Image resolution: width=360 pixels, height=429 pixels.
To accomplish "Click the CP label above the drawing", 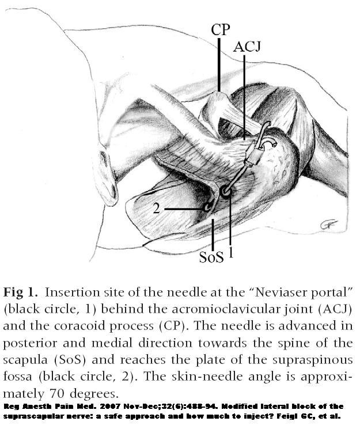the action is (x=221, y=29).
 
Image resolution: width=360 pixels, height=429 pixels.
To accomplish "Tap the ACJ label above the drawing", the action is (x=247, y=47).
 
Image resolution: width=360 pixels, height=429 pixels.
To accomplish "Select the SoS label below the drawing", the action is (x=211, y=257).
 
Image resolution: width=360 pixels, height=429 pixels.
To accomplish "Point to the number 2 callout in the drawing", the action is (x=156, y=208).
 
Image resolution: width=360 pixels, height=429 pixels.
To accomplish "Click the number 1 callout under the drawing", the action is (x=231, y=252).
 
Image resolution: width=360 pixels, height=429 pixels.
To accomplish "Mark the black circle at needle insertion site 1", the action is (x=226, y=192).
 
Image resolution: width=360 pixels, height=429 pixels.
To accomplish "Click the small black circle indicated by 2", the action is (x=207, y=208).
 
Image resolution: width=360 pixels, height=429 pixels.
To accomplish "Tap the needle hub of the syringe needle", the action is (x=254, y=155).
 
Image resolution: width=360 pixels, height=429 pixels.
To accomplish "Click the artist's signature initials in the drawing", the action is (x=329, y=225).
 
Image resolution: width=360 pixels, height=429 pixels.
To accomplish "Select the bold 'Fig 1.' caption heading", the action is (x=20, y=292).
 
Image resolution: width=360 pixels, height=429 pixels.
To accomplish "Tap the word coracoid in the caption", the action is (x=77, y=326).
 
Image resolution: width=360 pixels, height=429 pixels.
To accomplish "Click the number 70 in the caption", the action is (x=58, y=394).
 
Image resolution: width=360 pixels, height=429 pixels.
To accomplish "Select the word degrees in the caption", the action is (x=94, y=394).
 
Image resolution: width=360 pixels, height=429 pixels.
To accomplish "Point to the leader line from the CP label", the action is (x=219, y=64).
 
